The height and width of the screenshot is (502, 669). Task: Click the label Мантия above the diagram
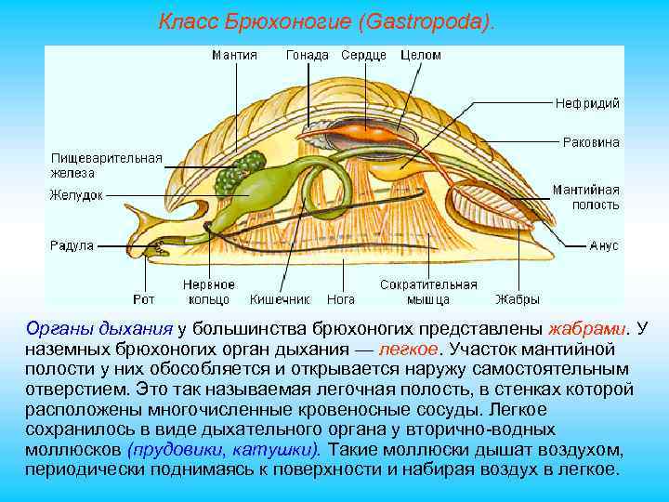pyautogui.click(x=234, y=56)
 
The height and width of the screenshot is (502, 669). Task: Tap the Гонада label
pyautogui.click(x=307, y=56)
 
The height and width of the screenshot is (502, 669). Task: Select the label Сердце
pyautogui.click(x=363, y=56)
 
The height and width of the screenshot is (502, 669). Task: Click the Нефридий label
pyautogui.click(x=587, y=103)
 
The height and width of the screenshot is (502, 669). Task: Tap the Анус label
pyautogui.click(x=604, y=245)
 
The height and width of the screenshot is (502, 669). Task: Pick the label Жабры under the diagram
pyautogui.click(x=517, y=299)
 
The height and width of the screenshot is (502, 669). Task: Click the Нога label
pyautogui.click(x=340, y=299)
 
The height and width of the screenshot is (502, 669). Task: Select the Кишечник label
pyautogui.click(x=279, y=299)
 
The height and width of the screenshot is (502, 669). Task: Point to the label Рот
pyautogui.click(x=143, y=299)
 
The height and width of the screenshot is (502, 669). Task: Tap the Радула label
pyautogui.click(x=72, y=245)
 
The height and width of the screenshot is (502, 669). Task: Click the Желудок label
pyautogui.click(x=76, y=195)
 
